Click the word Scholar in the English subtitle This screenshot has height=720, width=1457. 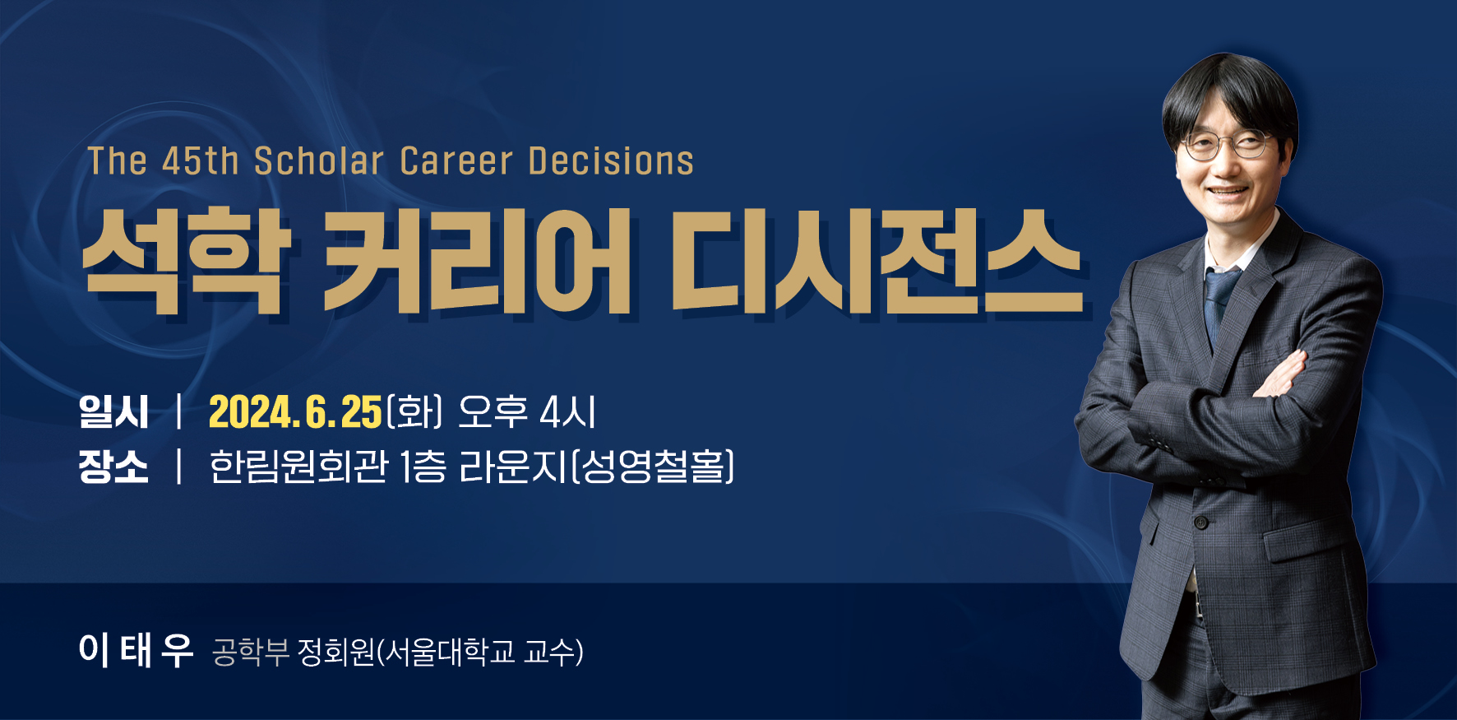pos(319,161)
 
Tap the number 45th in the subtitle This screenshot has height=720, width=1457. pos(200,161)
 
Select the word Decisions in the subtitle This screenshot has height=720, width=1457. pos(611,161)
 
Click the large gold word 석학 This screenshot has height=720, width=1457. pos(187,261)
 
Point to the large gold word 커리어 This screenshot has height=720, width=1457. pos(478,261)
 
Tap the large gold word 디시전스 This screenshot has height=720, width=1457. pos(877,261)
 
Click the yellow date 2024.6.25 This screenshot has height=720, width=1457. pos(296,412)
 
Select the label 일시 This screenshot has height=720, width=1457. pos(113,411)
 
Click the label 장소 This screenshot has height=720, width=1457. pos(113,467)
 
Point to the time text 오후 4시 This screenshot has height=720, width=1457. pos(527,411)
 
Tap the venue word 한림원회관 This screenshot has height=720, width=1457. pos(298,467)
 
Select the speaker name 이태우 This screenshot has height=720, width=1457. pos(136,650)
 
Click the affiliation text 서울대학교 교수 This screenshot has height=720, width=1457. pos(481,652)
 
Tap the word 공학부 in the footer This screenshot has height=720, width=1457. pos(250,652)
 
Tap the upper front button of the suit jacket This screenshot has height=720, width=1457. pos(1201,522)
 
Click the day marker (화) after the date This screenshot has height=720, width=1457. pos(415,411)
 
